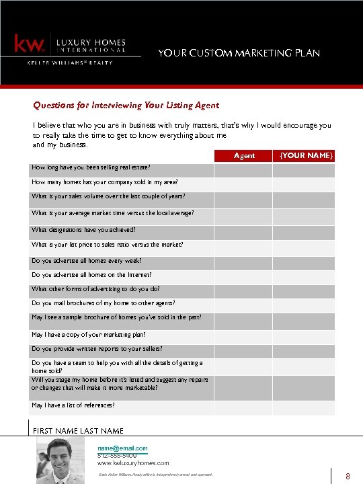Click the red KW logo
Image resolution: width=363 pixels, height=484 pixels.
pos(30,44)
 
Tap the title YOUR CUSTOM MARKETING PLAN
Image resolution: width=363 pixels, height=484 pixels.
pos(239,53)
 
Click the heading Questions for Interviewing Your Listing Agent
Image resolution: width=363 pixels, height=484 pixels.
pos(126,105)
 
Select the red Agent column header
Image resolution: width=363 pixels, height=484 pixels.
pos(243,155)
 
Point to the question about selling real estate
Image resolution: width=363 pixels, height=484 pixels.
pos(91,167)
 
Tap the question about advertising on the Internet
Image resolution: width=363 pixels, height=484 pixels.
pos(91,275)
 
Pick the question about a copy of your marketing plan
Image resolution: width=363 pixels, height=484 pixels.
pos(88,334)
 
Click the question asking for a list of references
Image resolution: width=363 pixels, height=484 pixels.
pos(73,405)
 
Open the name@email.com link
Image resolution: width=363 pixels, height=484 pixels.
pos(122,448)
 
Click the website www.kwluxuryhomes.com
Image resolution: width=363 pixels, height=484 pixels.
pos(133,463)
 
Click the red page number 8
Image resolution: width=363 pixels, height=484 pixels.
pos(348,477)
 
